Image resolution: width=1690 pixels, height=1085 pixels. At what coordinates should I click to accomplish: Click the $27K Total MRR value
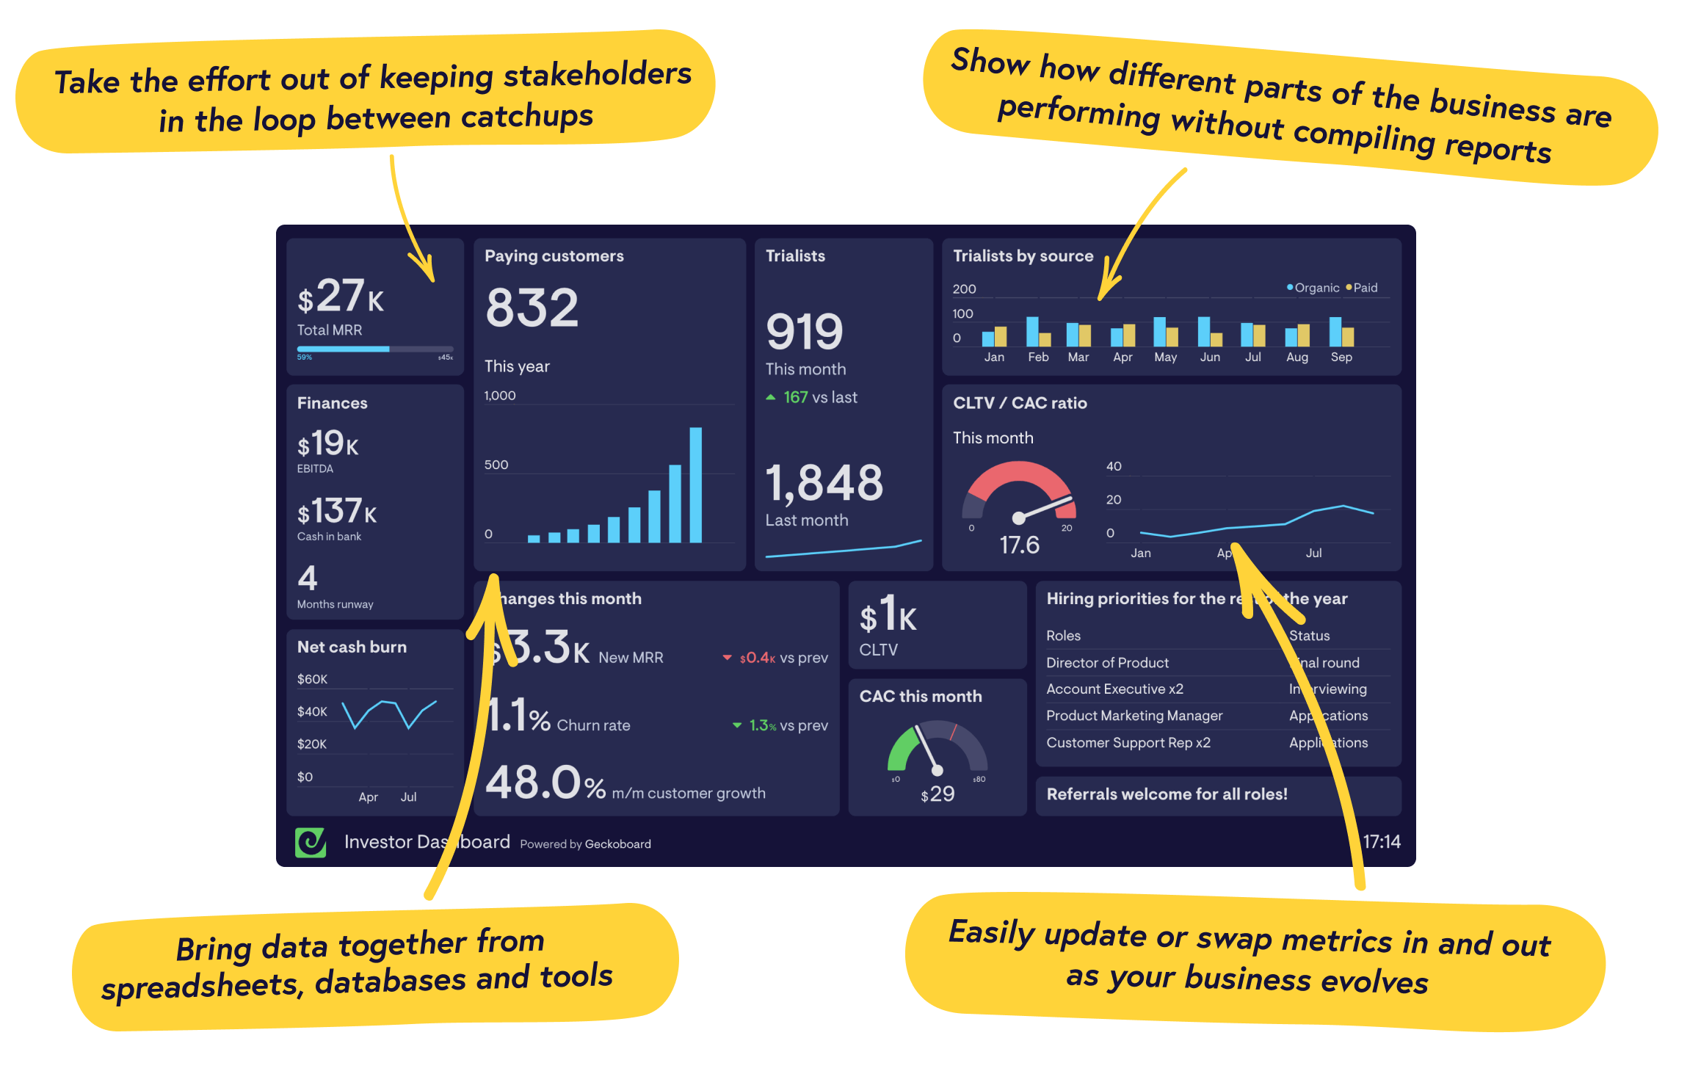(x=340, y=297)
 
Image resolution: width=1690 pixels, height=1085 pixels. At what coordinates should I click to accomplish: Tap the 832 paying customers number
(x=532, y=308)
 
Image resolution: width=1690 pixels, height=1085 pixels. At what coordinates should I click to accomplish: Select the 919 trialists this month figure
(x=805, y=332)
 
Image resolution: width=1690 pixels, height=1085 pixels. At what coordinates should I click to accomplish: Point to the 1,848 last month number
(x=824, y=483)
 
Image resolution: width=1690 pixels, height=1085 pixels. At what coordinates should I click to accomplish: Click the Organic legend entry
(x=1313, y=288)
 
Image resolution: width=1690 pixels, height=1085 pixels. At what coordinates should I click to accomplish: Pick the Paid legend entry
(x=1363, y=288)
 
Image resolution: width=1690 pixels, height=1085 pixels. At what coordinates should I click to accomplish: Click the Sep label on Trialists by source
(x=1341, y=358)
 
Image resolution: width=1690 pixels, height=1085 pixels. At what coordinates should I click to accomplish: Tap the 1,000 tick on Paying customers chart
(x=500, y=396)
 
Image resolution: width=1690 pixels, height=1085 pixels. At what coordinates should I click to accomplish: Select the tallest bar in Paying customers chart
(x=695, y=485)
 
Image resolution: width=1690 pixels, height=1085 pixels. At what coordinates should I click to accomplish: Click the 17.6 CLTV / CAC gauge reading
(x=1019, y=545)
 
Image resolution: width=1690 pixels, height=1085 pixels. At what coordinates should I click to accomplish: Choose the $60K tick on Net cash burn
(x=312, y=679)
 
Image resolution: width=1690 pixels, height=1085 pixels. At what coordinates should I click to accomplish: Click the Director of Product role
(x=1107, y=663)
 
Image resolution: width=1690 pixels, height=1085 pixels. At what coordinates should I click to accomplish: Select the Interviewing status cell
(x=1328, y=689)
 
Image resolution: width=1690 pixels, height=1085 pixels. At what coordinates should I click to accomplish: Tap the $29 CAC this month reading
(x=938, y=794)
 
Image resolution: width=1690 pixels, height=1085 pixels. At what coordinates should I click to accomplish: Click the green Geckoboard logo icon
(x=311, y=842)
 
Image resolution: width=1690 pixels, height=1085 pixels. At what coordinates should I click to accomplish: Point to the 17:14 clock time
(x=1382, y=842)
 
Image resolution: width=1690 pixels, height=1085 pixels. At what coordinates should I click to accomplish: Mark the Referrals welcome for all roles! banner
(x=1167, y=794)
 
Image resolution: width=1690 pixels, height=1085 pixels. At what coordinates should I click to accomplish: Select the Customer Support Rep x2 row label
(x=1128, y=743)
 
